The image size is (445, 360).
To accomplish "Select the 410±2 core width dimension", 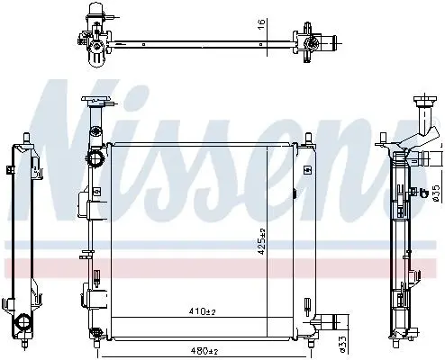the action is (x=203, y=311).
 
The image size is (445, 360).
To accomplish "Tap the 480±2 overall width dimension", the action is (x=204, y=350).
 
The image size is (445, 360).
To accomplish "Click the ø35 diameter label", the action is (x=436, y=193).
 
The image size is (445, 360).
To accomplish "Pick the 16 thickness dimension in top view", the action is (x=261, y=23).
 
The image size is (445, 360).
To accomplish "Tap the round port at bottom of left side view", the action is (x=22, y=322).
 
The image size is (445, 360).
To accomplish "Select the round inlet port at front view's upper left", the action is (x=95, y=158).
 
